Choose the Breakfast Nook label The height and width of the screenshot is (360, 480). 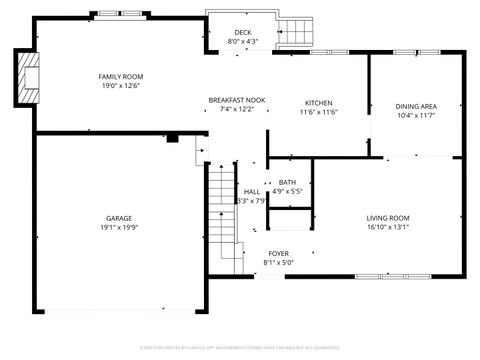point(237,99)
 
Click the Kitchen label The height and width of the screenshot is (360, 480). point(318,103)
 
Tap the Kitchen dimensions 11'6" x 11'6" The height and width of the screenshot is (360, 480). point(318,112)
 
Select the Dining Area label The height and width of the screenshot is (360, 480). point(415,106)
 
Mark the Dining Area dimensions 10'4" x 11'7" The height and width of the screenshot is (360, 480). point(415,115)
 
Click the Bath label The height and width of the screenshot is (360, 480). point(287,182)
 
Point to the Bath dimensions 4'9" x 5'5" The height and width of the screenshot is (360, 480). point(287,191)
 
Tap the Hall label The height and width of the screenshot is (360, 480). point(252,192)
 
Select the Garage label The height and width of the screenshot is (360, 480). point(119,217)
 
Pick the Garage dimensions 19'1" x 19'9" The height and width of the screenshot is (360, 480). point(119,227)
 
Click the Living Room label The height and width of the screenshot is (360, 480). point(387,217)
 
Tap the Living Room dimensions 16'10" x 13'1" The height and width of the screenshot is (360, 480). point(387,227)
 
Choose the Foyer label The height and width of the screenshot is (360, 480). point(278,253)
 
